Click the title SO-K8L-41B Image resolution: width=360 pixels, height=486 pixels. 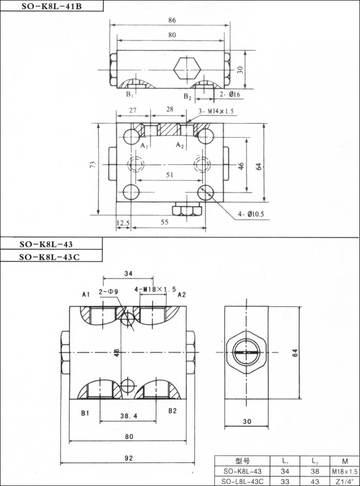(x=51, y=6)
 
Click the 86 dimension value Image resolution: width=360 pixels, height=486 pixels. (x=172, y=20)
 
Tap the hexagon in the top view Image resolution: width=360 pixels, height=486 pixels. (x=187, y=69)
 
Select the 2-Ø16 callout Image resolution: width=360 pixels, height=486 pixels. (x=230, y=94)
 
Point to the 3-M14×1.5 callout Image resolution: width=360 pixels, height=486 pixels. (x=216, y=111)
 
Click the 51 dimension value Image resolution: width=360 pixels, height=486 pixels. (x=169, y=175)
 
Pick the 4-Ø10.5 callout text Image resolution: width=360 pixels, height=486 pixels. (x=251, y=214)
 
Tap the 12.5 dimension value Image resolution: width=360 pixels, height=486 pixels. (x=123, y=223)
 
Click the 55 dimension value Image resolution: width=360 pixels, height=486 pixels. (x=165, y=222)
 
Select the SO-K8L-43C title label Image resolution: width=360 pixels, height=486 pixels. (x=49, y=257)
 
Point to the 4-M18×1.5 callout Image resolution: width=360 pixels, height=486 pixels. (x=155, y=290)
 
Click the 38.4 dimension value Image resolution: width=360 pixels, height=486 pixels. (x=129, y=416)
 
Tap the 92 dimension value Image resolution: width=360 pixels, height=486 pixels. (x=129, y=458)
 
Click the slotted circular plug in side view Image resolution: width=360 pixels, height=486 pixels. (x=246, y=352)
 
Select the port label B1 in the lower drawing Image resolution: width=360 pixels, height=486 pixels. (x=85, y=413)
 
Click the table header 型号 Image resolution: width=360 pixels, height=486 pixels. (x=242, y=461)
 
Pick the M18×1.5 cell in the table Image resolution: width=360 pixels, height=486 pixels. (x=345, y=472)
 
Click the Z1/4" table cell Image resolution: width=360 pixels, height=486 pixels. (x=345, y=482)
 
